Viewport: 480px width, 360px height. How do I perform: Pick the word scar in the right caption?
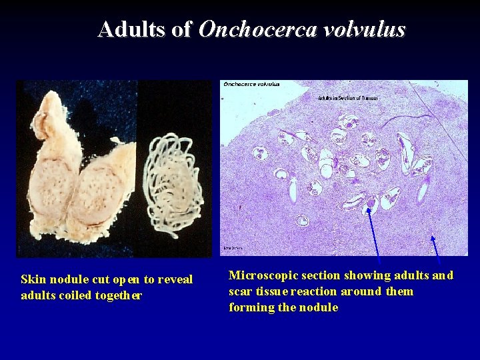tap(240, 291)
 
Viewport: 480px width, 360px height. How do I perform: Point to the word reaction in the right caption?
tap(318, 291)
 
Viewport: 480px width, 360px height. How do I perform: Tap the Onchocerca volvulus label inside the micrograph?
tap(252, 84)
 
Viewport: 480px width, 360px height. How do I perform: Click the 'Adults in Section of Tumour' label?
tap(347, 97)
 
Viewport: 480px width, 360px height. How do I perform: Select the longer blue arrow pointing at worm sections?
tap(373, 233)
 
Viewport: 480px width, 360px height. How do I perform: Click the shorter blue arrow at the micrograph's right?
tap(435, 245)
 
